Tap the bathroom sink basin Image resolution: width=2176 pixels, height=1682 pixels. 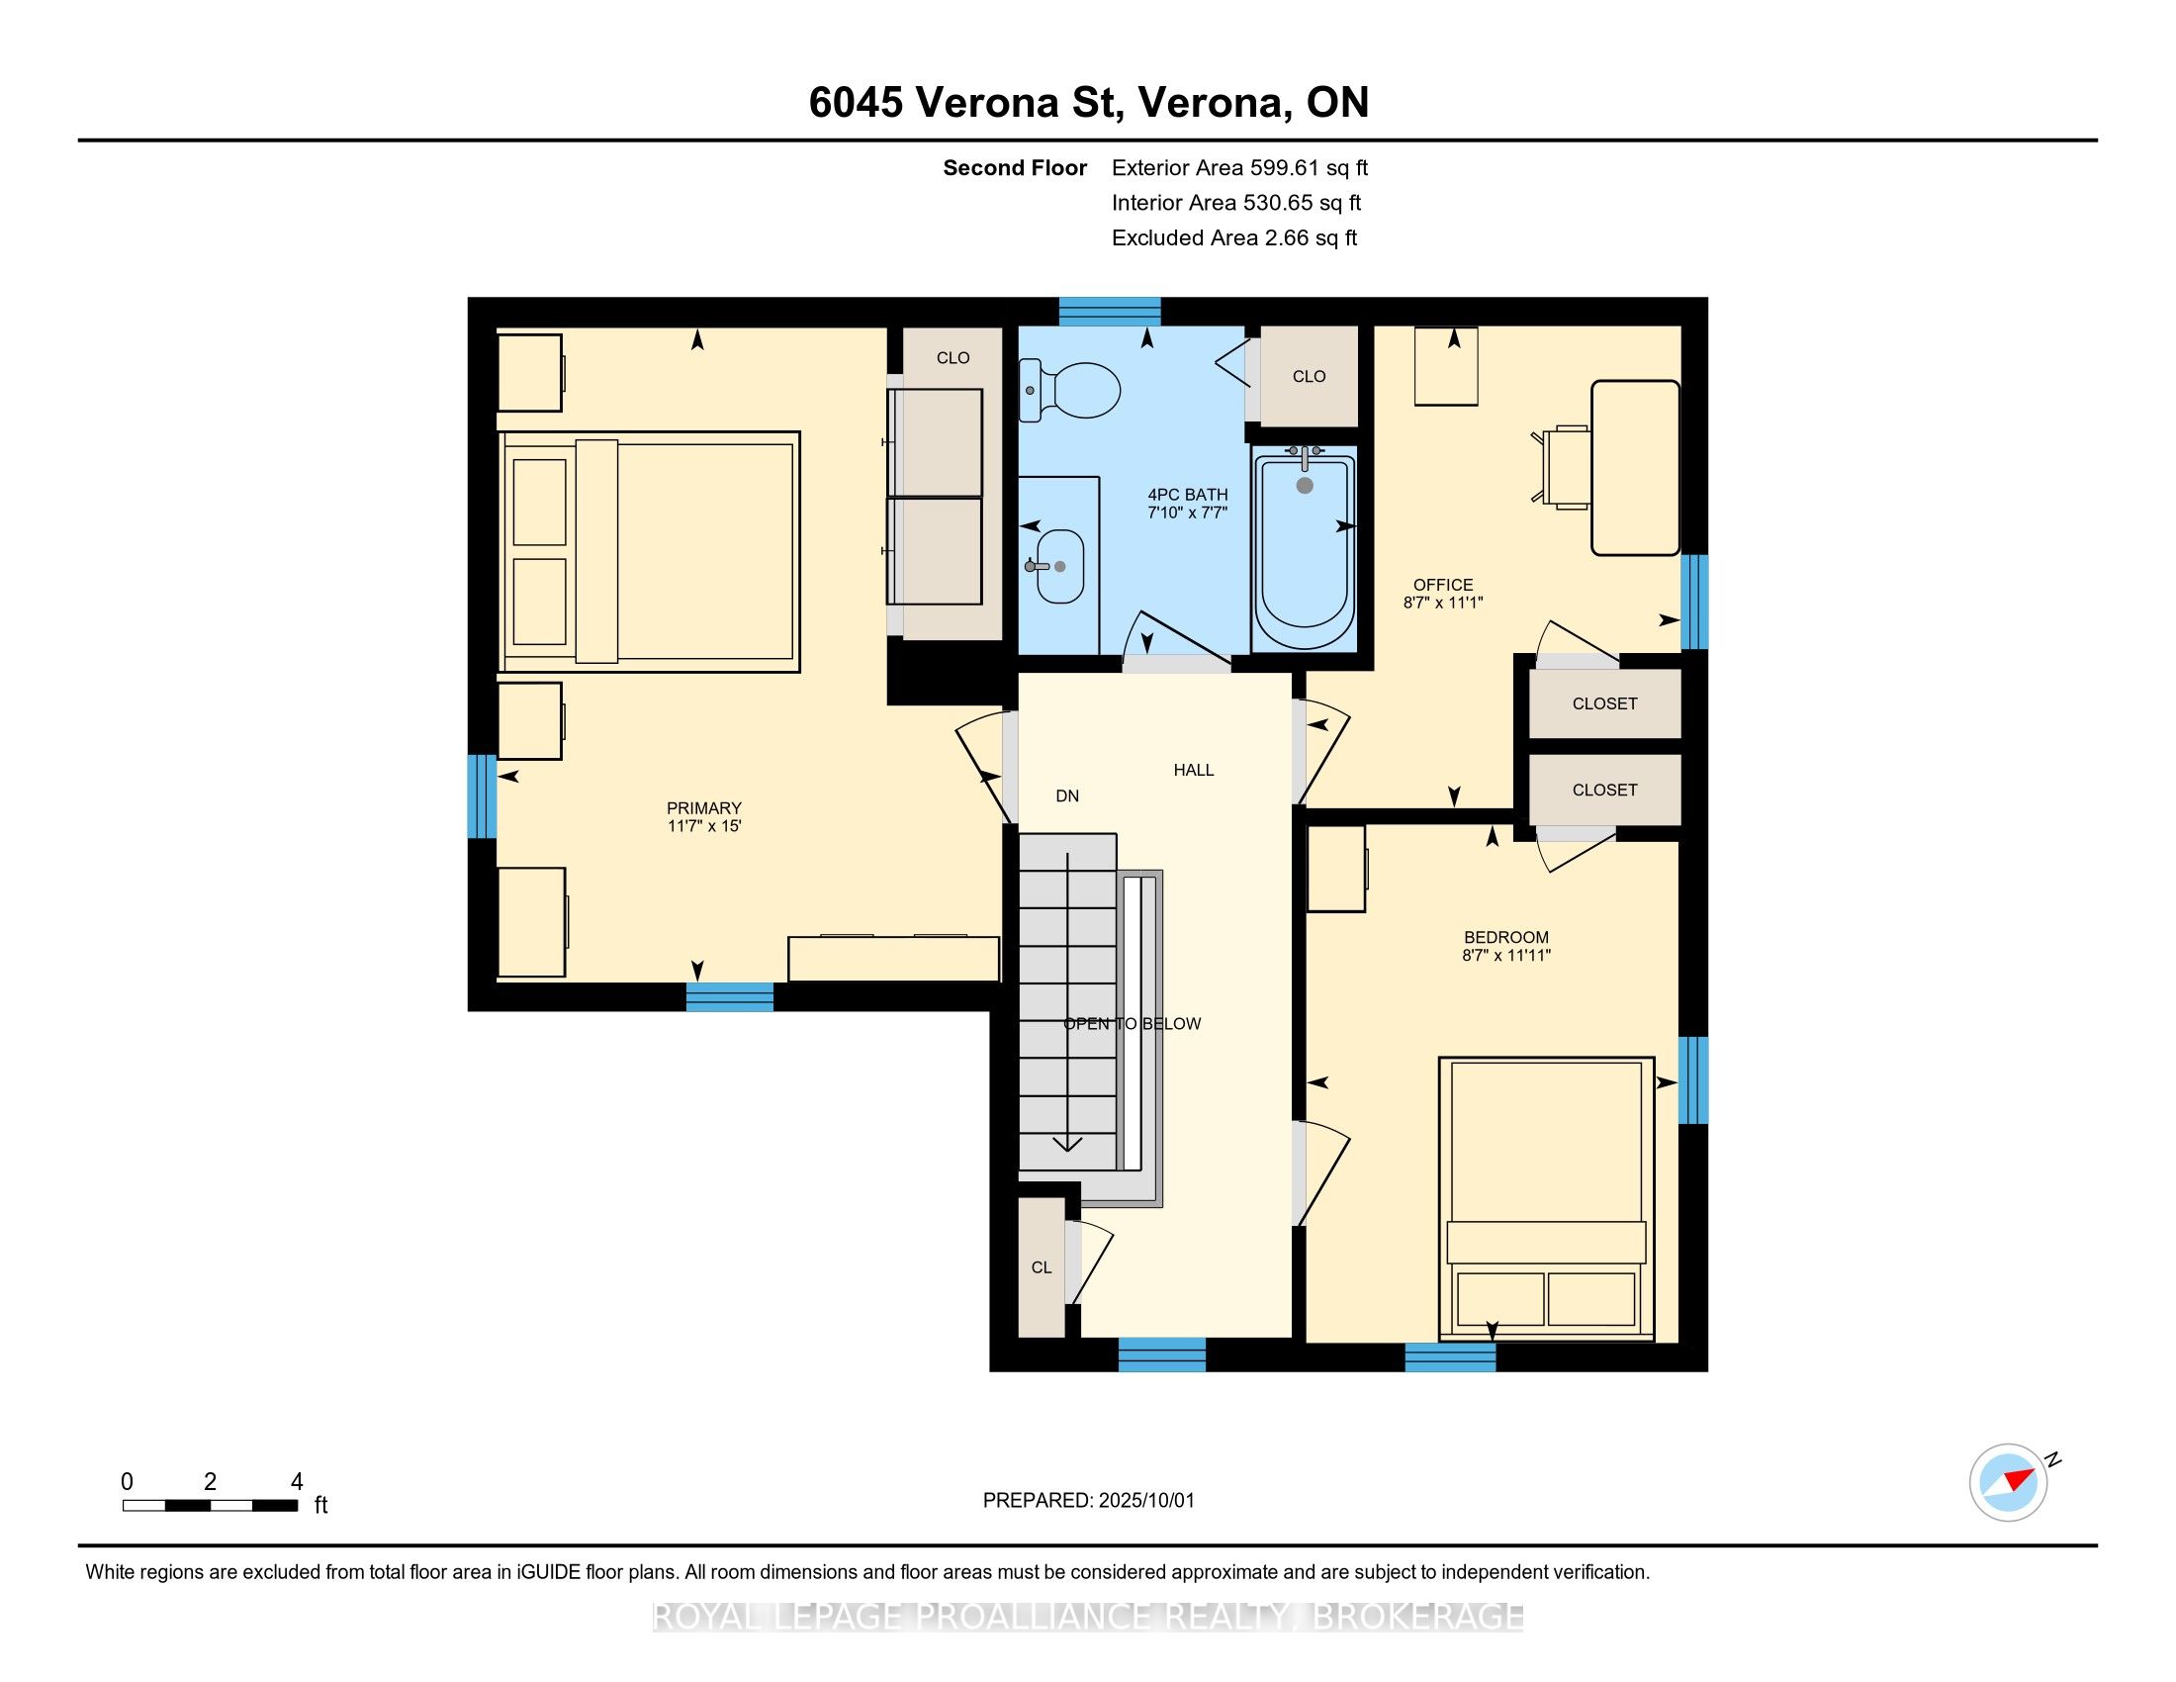1059,566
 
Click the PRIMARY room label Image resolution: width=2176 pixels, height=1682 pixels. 704,808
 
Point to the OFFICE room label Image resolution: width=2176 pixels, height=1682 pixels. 1443,585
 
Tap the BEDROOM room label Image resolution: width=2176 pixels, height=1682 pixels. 1506,938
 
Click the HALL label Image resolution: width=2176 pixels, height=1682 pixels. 1194,770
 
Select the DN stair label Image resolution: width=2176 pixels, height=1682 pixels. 1067,796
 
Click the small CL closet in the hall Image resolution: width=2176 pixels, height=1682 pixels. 1042,1267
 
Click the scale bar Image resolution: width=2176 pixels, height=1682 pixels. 211,1506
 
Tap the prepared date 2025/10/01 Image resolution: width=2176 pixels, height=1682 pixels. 1145,1501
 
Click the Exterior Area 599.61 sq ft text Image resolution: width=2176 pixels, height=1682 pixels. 1239,168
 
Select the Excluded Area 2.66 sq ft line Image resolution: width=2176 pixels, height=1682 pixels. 1234,238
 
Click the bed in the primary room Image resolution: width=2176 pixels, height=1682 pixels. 649,552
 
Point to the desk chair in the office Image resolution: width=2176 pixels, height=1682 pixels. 1565,466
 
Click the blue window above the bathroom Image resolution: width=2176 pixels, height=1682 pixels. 1109,312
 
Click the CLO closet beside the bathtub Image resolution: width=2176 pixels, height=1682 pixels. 1310,376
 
